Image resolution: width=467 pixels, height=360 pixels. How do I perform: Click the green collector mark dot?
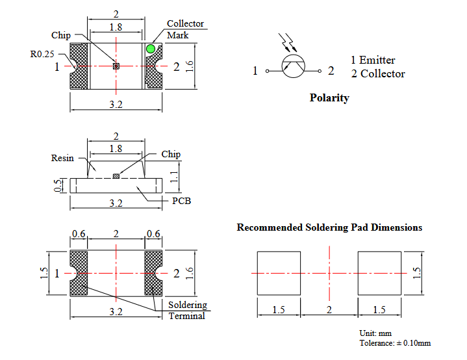point(151,49)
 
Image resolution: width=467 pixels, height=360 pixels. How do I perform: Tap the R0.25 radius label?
point(42,54)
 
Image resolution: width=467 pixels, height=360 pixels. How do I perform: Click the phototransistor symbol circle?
point(294,66)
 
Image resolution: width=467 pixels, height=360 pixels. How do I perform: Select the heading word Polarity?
point(329,97)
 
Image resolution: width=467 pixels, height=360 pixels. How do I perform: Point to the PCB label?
point(181,201)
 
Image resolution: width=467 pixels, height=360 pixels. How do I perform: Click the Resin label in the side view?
point(62,158)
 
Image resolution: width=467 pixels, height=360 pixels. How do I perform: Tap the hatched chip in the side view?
point(116,176)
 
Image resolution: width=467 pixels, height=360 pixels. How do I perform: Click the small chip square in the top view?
point(116,66)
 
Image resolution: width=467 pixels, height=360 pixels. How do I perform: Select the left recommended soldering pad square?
point(279,274)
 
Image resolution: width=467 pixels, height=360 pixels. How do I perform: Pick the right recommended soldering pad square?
point(379,274)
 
